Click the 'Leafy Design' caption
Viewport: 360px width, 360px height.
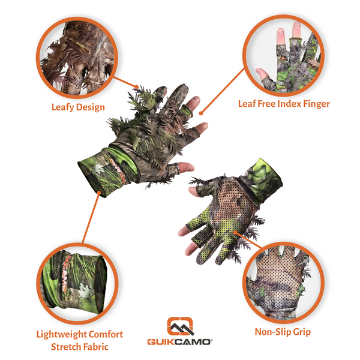pos(79,107)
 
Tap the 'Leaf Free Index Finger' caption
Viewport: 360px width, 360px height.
pos(284,104)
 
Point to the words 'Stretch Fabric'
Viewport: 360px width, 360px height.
pos(80,347)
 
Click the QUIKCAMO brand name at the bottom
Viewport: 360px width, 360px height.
pos(181,342)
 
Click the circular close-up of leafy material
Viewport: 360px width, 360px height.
pos(74,55)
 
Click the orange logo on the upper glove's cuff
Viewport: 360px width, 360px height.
pos(112,161)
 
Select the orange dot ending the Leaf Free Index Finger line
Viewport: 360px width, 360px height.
pos(202,112)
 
